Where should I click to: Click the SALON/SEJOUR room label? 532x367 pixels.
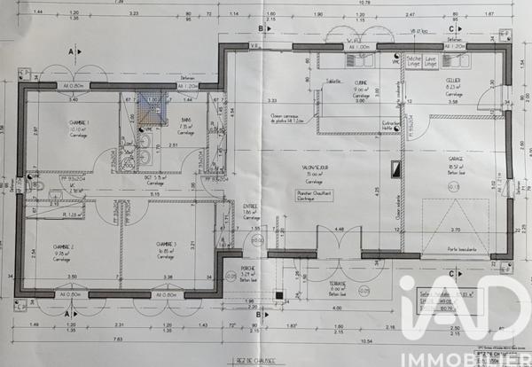[316, 167]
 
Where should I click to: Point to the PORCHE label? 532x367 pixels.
[249, 272]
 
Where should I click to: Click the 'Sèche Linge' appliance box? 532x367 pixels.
[413, 61]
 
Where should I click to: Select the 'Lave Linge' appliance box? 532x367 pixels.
[431, 61]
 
